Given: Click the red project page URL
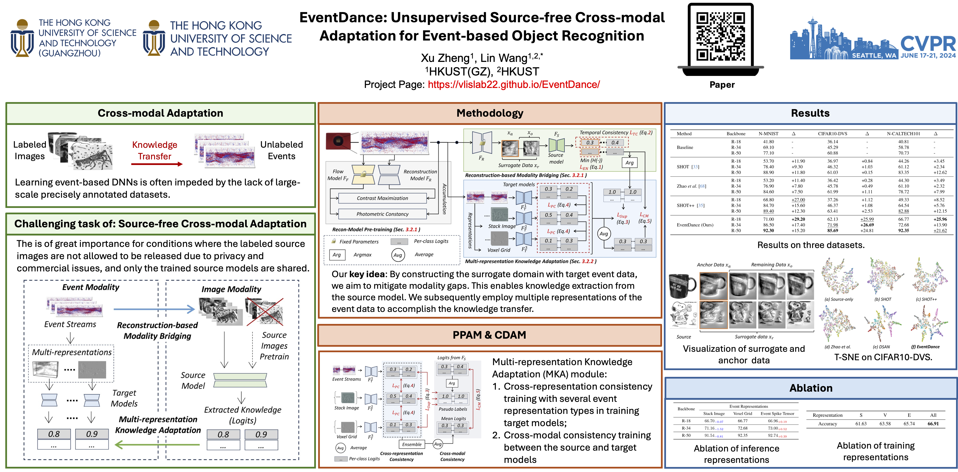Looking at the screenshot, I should tap(514, 85).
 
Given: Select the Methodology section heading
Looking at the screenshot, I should tap(490, 113).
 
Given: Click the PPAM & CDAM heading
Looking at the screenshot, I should tap(489, 335).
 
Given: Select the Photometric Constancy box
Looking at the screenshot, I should tap(382, 214).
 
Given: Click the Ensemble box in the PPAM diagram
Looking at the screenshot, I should tap(412, 444).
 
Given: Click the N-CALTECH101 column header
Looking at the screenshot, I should tap(903, 134).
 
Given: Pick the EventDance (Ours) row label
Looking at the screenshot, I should tap(695, 225).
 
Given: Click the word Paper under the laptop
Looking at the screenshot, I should tap(722, 85).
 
